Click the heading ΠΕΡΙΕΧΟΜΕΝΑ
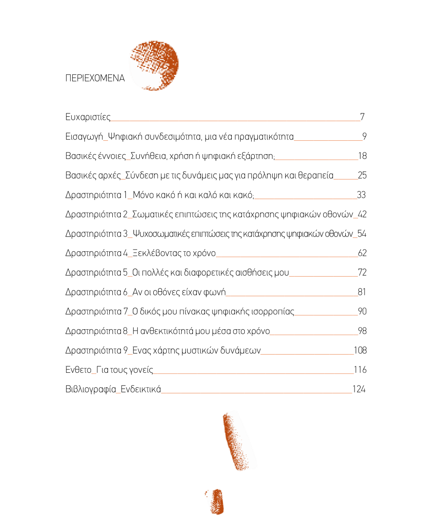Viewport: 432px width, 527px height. (95, 79)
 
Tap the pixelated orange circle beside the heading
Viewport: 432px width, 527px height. (155, 65)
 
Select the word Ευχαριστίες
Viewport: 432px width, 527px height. (88, 117)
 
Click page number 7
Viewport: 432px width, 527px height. (362, 117)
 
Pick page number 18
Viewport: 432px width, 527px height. (362, 156)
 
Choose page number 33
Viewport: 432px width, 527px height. (361, 195)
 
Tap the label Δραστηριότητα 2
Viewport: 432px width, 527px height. (96, 214)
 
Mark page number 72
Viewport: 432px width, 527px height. (362, 273)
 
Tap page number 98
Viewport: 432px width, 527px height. (362, 331)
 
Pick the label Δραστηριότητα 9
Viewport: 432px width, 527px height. (96, 351)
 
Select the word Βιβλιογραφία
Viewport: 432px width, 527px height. (91, 389)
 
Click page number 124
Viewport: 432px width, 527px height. (359, 389)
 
